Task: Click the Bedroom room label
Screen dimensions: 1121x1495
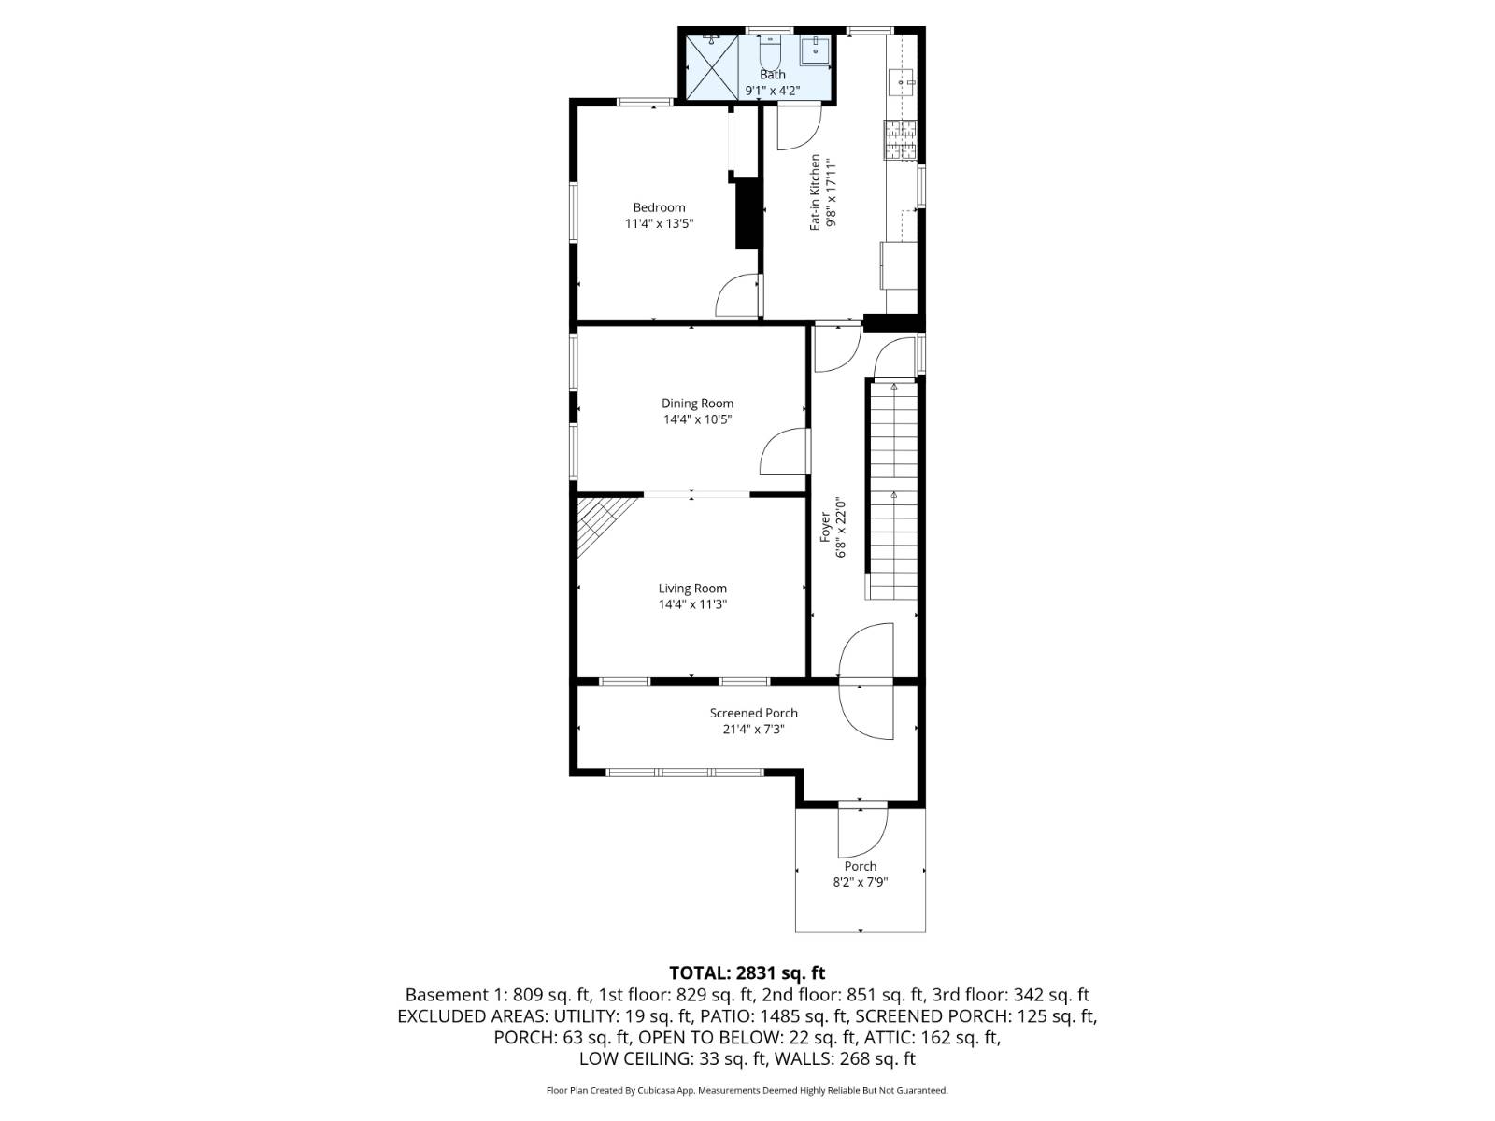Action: [x=659, y=207]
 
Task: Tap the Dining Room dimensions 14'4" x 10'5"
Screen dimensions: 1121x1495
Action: [x=697, y=419]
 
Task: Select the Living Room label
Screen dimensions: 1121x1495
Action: [x=692, y=589]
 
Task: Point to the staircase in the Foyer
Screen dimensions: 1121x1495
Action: [x=893, y=490]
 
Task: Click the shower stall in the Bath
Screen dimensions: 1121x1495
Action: [x=712, y=66]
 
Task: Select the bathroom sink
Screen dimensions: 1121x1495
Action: [x=815, y=50]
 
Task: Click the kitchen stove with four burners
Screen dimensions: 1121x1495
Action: [x=901, y=140]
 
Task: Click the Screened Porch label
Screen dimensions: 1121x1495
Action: [x=753, y=713]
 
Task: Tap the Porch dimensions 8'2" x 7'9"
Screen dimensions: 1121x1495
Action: [x=860, y=882]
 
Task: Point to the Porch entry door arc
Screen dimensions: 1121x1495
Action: [x=861, y=831]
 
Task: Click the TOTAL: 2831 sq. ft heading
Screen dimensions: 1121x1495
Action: [x=747, y=973]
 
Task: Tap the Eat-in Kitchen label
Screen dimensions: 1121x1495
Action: [x=815, y=192]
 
